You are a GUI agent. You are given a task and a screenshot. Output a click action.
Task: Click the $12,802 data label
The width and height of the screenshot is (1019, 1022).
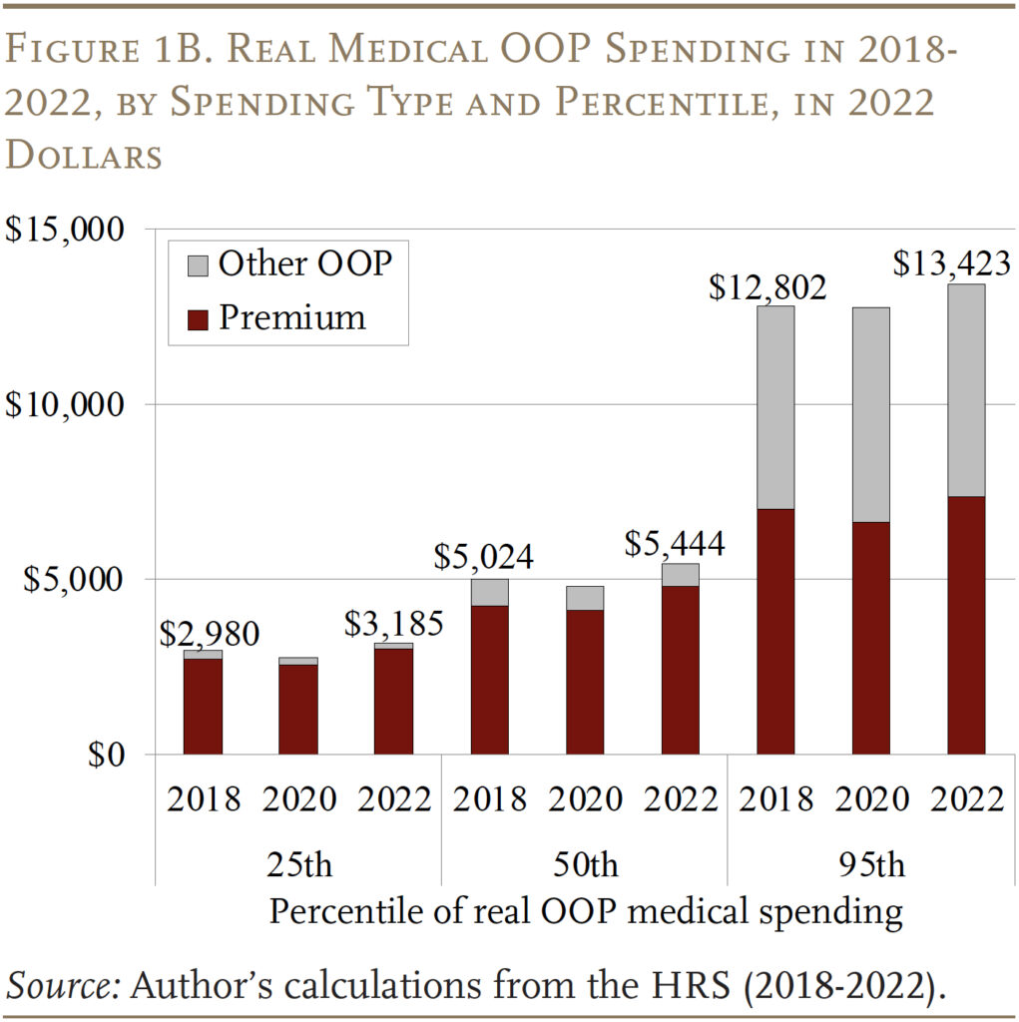[x=767, y=287]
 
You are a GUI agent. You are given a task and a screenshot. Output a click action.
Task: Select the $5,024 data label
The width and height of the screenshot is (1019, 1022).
[x=483, y=557]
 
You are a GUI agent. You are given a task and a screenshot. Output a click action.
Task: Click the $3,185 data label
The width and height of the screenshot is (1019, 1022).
[x=393, y=625]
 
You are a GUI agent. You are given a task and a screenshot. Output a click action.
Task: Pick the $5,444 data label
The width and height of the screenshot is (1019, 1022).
[x=674, y=544]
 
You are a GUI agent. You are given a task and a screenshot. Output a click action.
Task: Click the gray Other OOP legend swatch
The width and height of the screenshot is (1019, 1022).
[x=198, y=264]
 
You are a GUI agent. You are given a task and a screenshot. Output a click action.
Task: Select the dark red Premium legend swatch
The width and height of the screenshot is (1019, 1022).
[x=198, y=318]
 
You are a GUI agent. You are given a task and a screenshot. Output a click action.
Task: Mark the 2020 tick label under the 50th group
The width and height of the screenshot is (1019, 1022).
[x=585, y=798]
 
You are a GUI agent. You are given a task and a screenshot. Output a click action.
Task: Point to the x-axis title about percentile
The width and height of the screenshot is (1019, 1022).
[x=586, y=911]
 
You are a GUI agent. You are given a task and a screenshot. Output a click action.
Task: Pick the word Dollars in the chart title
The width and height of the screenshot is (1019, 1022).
[x=84, y=156]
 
